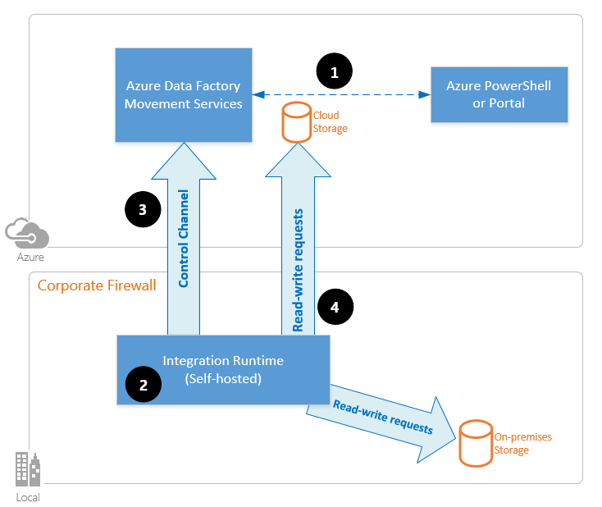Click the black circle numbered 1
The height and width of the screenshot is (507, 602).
pos(334,72)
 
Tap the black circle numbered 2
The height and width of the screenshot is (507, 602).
pos(144,386)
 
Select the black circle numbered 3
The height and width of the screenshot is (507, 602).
pos(143,209)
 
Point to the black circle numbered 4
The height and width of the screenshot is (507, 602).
pos(334,307)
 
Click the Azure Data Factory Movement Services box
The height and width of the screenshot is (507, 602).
pos(184,94)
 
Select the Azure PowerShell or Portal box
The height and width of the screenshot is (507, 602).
pos(499,94)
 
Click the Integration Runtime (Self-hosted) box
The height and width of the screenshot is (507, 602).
pos(223,369)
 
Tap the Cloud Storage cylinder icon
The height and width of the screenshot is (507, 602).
pos(296,122)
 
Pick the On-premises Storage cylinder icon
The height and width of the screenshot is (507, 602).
pos(475,443)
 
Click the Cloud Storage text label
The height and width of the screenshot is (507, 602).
pos(331,122)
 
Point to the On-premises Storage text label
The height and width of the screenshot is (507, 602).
pos(522,443)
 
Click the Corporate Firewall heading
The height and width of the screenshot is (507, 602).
pos(97,285)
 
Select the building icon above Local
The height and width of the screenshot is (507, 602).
pos(27,470)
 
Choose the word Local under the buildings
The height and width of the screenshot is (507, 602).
pos(27,497)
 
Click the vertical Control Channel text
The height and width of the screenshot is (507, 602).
pos(184,238)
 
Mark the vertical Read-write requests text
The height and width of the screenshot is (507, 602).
pos(298,270)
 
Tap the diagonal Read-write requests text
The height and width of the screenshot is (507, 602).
pos(382,417)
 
